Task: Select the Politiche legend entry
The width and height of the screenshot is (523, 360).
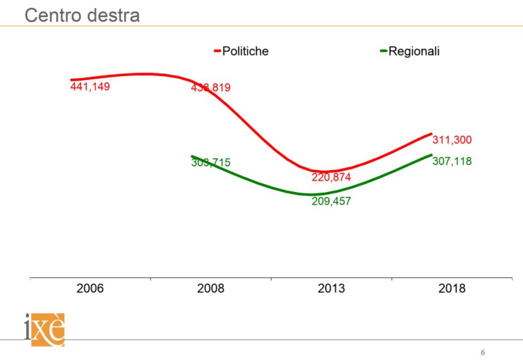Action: [245, 51]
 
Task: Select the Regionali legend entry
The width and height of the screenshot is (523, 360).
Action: [414, 51]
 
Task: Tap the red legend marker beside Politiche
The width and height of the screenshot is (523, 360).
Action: [218, 52]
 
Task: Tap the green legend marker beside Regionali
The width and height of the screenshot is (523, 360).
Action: [383, 52]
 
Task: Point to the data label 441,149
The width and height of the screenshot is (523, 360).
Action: [90, 86]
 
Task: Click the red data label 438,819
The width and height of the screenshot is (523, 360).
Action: [211, 87]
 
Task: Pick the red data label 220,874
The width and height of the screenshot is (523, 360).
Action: [332, 177]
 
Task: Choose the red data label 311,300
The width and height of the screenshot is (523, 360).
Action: [452, 140]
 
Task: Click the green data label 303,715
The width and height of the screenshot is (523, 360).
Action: [211, 163]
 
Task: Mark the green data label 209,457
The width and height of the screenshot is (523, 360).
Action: [332, 202]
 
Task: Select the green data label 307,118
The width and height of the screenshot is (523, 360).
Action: [452, 161]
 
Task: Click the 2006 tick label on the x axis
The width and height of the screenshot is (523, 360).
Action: [90, 289]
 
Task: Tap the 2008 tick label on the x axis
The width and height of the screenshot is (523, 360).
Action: [211, 289]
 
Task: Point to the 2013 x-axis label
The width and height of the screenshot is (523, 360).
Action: [331, 289]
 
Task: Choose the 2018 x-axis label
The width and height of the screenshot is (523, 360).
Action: [452, 289]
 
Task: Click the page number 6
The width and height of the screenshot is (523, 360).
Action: [483, 353]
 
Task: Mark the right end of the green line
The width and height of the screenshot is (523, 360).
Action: [431, 155]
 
